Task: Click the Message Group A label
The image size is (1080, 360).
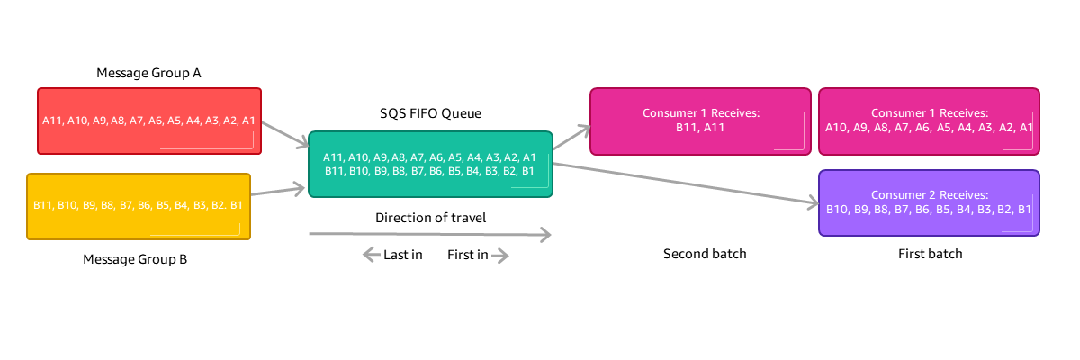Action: click(148, 73)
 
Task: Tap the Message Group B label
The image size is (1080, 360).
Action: click(135, 259)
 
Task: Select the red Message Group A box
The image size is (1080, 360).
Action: click(148, 121)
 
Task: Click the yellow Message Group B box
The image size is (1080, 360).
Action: click(139, 206)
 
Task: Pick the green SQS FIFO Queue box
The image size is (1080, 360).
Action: click(430, 164)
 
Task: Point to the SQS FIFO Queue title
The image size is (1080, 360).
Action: click(430, 113)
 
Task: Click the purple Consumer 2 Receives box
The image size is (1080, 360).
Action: click(929, 202)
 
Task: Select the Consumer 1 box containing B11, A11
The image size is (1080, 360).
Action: click(701, 121)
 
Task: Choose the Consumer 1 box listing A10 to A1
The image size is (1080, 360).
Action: click(929, 121)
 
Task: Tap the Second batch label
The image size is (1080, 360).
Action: click(705, 254)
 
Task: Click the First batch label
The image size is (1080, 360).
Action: click(930, 254)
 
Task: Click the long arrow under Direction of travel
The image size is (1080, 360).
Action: click(429, 235)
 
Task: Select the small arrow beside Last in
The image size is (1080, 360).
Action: click(371, 256)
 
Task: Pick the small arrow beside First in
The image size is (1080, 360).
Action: click(500, 256)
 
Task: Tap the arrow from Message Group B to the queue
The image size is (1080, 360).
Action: click(279, 191)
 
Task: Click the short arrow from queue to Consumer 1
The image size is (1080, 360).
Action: click(571, 138)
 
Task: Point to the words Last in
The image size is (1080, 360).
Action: click(403, 255)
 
